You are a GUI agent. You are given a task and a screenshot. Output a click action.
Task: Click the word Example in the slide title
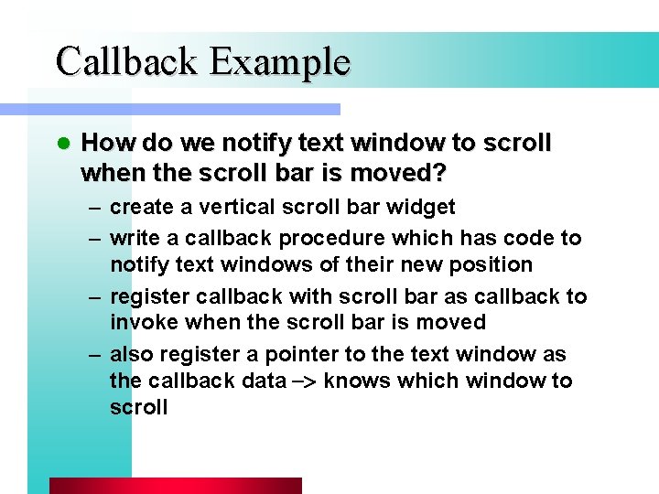(279, 61)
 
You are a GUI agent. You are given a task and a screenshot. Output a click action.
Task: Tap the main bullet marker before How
(62, 144)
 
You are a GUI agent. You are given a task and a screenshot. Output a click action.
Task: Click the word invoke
(141, 322)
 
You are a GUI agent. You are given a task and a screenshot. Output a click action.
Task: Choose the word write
(133, 238)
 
